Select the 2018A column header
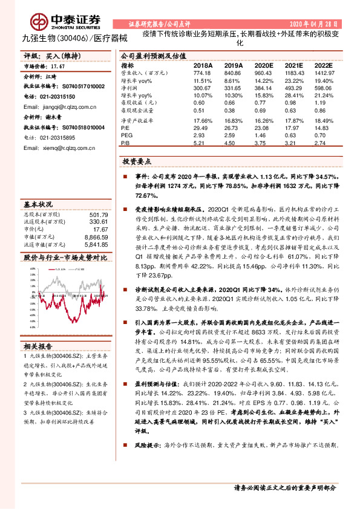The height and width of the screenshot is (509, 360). click(203, 64)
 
